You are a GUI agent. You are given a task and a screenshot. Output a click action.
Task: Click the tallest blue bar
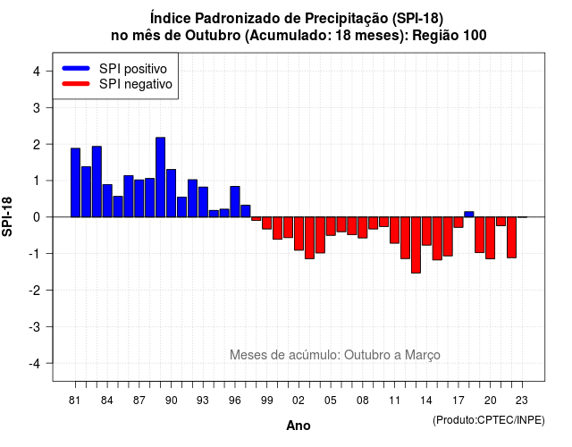click(x=161, y=177)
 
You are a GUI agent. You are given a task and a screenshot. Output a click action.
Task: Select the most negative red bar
click(x=416, y=245)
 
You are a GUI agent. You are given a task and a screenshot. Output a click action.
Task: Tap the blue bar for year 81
click(x=75, y=182)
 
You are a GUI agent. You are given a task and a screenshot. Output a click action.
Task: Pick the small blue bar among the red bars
click(x=469, y=215)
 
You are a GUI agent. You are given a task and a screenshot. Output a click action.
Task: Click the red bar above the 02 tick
click(x=299, y=233)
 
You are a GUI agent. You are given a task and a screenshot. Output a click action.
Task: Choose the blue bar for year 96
click(x=235, y=202)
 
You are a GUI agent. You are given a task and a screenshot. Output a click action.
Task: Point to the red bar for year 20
click(x=491, y=238)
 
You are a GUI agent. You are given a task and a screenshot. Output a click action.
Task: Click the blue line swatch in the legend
click(x=76, y=68)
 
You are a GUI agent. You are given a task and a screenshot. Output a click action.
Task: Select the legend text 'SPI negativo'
click(x=136, y=84)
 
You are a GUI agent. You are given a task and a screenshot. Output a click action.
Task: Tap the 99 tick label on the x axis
click(x=266, y=401)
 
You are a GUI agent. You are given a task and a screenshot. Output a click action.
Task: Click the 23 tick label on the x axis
click(x=522, y=401)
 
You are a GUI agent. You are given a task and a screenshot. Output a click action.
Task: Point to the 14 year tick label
click(x=426, y=401)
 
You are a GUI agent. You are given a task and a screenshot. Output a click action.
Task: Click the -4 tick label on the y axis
click(x=35, y=364)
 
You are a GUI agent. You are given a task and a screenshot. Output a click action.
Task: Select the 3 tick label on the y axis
click(x=37, y=108)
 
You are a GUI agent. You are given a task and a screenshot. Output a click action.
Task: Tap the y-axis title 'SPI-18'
click(x=7, y=216)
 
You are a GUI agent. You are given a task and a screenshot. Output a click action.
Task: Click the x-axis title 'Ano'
click(x=299, y=426)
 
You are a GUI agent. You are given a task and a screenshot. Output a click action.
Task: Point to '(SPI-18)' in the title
click(x=417, y=18)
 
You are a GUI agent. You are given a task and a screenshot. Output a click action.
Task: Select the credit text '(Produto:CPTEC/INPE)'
click(x=489, y=420)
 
